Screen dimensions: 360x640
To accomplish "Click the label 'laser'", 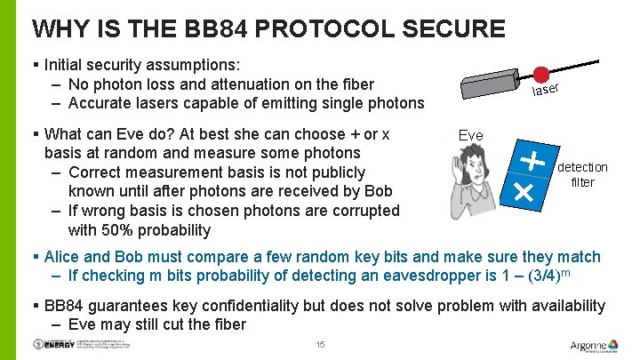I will coord(545,89).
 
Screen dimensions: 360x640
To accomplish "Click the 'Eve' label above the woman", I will coord(470,135).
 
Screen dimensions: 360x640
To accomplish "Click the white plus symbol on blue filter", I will coord(532,161).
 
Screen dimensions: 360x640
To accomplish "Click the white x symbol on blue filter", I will coord(524,191).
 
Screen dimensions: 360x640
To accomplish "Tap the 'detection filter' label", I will coord(582,174).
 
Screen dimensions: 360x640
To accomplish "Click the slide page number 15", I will coord(320,344).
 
